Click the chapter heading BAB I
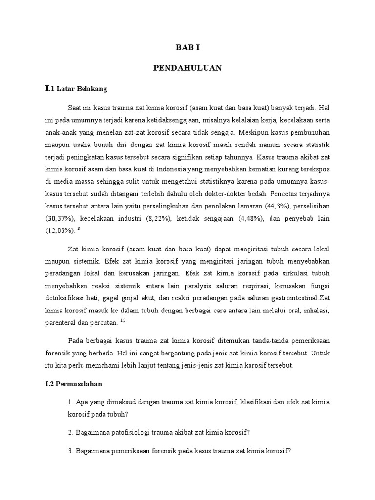187,48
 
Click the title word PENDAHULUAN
187,68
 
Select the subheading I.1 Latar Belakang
76,89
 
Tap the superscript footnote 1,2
123,320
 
